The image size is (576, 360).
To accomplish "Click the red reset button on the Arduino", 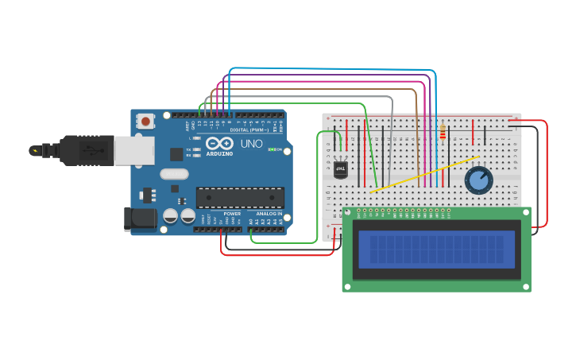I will [x=146, y=122].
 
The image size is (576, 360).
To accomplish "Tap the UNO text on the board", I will [x=251, y=144].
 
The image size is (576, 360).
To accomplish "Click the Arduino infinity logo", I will [x=218, y=144].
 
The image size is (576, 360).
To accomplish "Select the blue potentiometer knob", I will [x=478, y=180].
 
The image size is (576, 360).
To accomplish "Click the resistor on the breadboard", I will [x=442, y=134].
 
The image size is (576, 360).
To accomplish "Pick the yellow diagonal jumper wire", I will [x=425, y=174].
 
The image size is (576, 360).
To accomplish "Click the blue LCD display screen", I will [x=436, y=249].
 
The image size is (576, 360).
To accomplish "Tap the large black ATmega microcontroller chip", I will [x=240, y=197].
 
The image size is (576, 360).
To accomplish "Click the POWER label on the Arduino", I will [x=232, y=214].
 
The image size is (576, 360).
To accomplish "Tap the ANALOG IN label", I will [x=268, y=214].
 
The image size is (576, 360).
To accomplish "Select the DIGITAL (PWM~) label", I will [x=249, y=130].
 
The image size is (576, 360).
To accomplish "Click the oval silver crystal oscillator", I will [x=174, y=174].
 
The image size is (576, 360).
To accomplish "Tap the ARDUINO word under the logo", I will [x=219, y=153].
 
